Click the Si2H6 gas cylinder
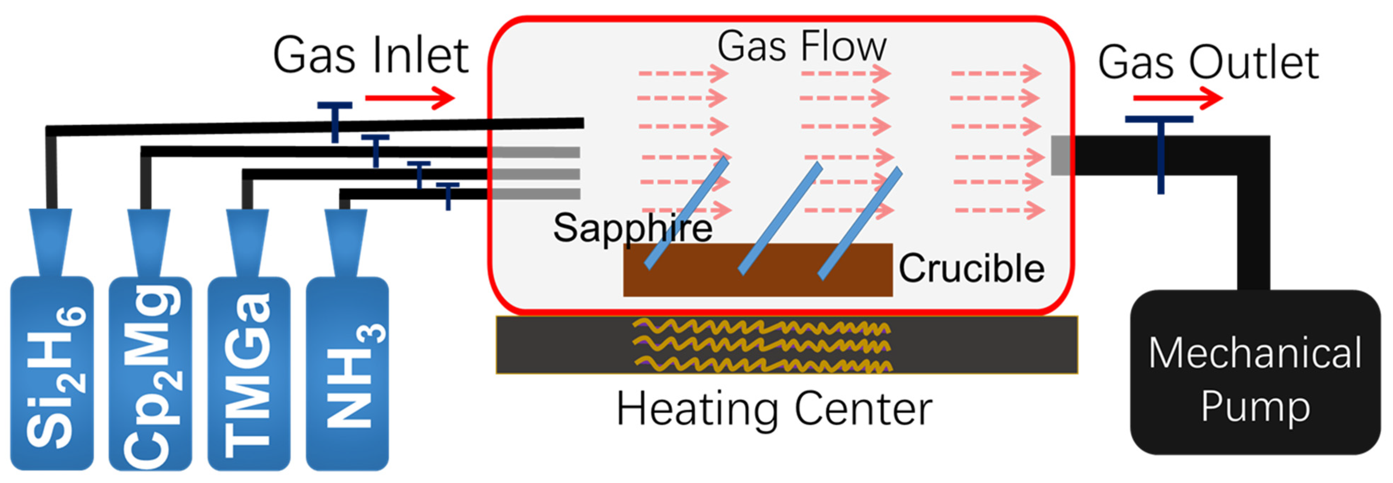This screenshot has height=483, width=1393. click(52, 373)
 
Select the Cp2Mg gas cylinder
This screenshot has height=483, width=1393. click(150, 373)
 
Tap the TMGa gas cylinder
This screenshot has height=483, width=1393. click(249, 373)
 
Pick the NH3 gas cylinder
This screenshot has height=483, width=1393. click(347, 373)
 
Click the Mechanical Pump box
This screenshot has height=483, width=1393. click(1254, 373)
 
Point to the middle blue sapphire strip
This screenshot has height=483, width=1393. click(780, 219)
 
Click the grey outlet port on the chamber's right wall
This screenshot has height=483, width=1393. click(1060, 155)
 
